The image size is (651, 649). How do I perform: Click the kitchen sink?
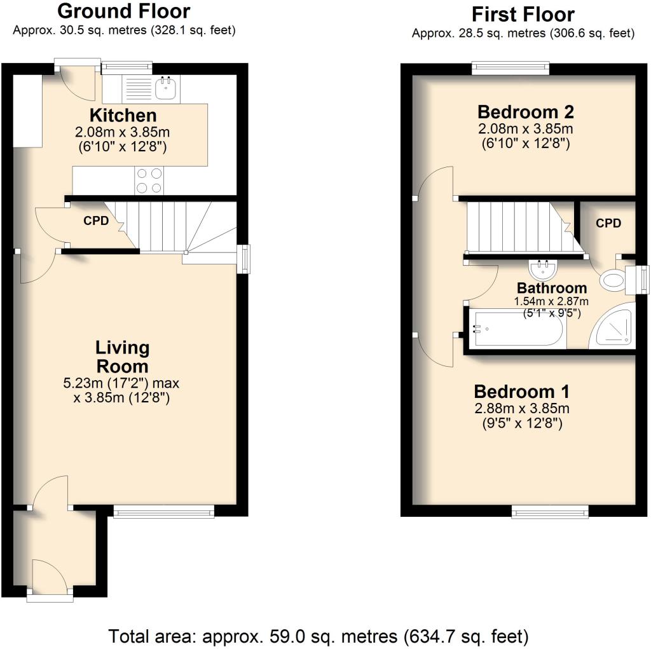click(167, 88)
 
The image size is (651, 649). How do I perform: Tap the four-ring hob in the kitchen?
click(149, 181)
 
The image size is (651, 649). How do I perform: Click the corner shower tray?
click(613, 325)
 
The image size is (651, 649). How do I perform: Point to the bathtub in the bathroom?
click(517, 329)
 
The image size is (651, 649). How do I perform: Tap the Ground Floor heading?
click(124, 11)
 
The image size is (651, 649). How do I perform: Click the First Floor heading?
click(523, 15)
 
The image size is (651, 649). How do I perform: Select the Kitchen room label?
click(123, 115)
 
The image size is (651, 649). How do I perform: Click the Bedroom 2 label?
click(526, 112)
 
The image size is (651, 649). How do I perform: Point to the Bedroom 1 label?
click(521, 391)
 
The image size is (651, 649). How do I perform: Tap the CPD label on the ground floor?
click(96, 221)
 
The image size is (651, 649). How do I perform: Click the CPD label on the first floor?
click(608, 223)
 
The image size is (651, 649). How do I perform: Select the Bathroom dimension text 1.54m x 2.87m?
click(551, 301)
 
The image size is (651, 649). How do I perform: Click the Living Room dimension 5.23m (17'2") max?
click(121, 383)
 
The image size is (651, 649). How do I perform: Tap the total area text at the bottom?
click(319, 636)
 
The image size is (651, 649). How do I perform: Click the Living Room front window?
click(164, 512)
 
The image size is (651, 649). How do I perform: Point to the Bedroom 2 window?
click(511, 69)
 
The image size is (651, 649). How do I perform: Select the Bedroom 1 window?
click(550, 512)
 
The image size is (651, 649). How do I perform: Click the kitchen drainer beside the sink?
click(139, 88)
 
